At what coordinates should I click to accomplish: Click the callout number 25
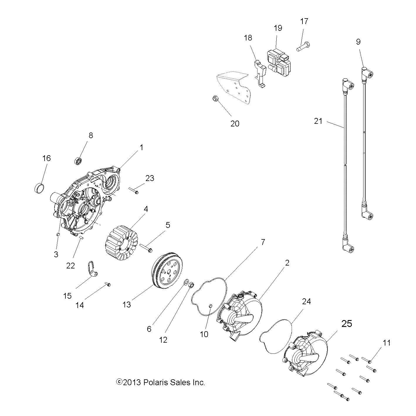pyautogui.click(x=346, y=324)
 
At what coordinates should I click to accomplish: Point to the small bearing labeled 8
pyautogui.click(x=78, y=161)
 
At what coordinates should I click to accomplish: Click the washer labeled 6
pyautogui.click(x=186, y=283)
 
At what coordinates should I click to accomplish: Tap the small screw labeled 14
pyautogui.click(x=107, y=284)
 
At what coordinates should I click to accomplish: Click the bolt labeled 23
pyautogui.click(x=133, y=191)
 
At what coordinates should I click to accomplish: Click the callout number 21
pyautogui.click(x=318, y=121)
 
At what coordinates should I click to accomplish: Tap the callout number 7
pyautogui.click(x=263, y=242)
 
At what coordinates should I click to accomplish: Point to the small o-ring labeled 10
pyautogui.click(x=210, y=306)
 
